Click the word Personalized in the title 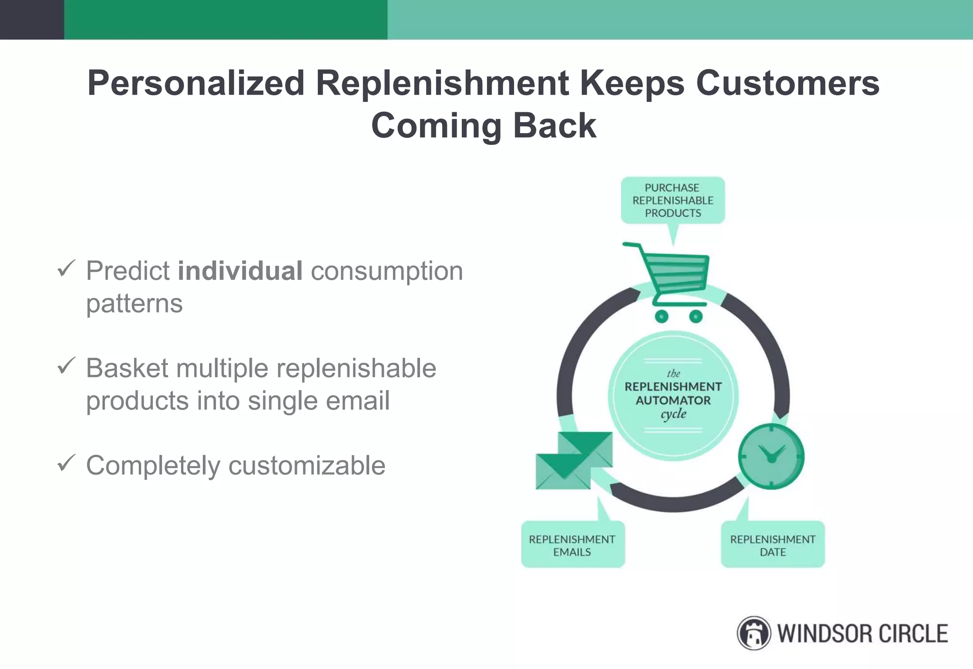[196, 83]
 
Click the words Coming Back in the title [483, 125]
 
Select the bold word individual [240, 271]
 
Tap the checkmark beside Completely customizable [66, 463]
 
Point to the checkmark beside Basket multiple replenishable [66, 365]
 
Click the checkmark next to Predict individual [66, 268]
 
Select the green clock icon [771, 457]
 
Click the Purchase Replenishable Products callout [673, 201]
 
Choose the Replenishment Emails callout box [572, 545]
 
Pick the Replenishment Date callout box [773, 545]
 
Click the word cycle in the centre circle [673, 414]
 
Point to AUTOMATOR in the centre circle [673, 401]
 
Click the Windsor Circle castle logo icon [754, 633]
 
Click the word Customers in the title [788, 83]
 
